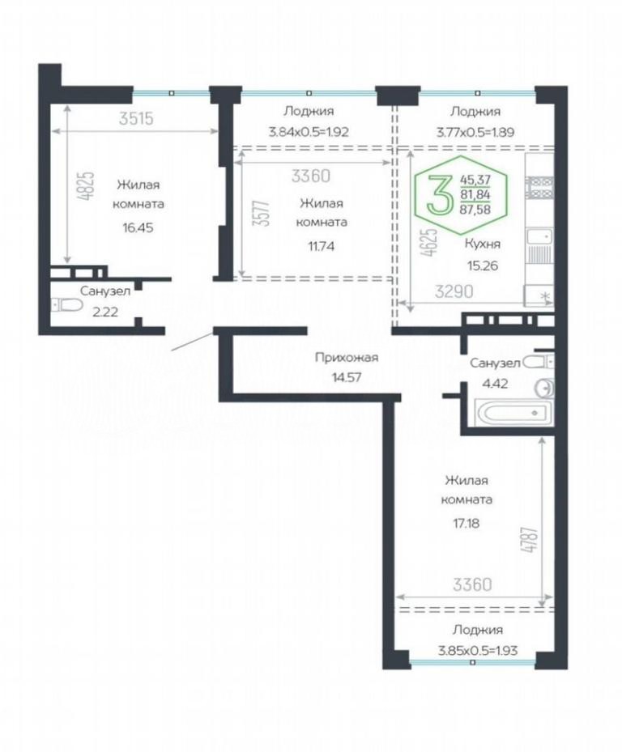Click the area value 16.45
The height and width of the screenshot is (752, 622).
138,227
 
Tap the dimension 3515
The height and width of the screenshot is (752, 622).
136,118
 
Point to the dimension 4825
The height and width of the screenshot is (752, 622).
88,185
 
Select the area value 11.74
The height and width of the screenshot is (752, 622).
321,247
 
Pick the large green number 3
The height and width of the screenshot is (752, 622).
440,194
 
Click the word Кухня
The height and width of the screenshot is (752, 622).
483,244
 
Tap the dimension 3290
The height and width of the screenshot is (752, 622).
454,291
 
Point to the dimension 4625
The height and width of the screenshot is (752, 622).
431,242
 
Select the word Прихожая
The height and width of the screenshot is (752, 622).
347,357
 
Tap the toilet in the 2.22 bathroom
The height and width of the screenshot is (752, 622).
66,304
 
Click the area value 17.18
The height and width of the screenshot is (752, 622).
466,523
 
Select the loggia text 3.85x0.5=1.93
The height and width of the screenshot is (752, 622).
478,651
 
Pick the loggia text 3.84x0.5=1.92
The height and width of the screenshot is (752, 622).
309,132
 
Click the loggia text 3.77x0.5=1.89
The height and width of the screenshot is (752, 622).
475,132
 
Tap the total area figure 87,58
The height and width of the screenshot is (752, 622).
475,209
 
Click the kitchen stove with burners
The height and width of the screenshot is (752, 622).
539,188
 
